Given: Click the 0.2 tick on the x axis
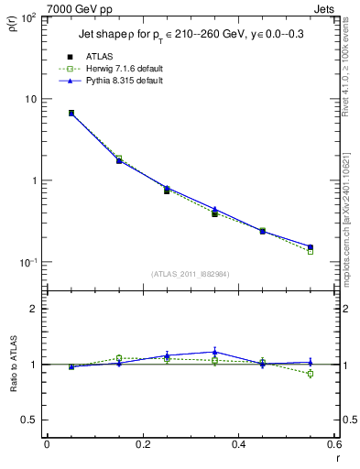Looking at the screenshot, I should click(x=143, y=444).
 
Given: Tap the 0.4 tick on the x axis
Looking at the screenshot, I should click(x=238, y=444).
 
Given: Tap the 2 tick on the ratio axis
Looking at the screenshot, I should click(x=31, y=309).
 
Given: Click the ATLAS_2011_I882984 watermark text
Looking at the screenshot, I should click(x=191, y=273).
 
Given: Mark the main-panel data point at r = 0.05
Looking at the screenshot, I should click(x=71, y=113).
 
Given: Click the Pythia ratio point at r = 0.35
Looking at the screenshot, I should click(x=214, y=352).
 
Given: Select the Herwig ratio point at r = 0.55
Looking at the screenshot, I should click(x=310, y=374).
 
